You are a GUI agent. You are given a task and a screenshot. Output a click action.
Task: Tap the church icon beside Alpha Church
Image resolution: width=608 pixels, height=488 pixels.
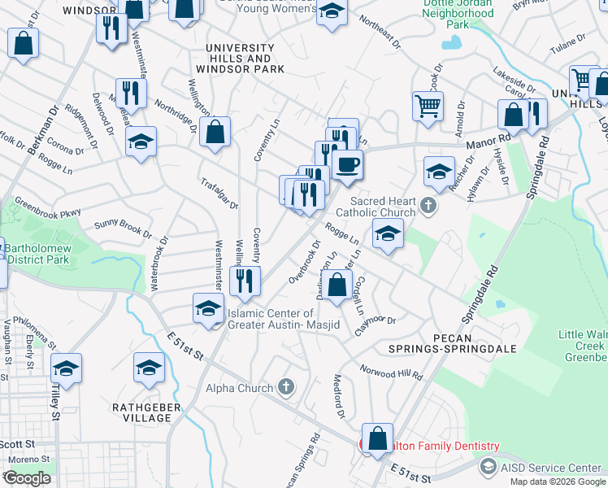point(285,387)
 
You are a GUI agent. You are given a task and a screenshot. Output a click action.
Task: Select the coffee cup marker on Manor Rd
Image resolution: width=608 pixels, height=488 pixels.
point(347,165)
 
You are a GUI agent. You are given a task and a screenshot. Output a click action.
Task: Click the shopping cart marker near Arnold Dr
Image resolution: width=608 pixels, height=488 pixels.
point(428,105)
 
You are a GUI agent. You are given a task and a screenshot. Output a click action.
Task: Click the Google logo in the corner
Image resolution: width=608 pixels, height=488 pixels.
point(27,477)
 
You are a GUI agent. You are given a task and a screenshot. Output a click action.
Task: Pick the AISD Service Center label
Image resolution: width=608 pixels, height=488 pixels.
point(549,467)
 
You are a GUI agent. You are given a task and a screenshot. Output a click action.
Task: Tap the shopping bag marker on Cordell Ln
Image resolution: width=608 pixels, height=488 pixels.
point(337,285)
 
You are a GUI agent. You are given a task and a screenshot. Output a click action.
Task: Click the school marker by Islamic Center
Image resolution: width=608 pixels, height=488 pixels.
point(208,310)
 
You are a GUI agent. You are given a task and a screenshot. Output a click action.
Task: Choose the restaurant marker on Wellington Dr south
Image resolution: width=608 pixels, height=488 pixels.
point(244,281)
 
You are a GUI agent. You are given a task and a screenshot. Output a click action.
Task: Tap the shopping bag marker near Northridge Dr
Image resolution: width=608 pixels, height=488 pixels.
point(215,133)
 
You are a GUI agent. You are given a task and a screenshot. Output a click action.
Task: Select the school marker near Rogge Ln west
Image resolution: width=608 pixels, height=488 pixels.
point(141,143)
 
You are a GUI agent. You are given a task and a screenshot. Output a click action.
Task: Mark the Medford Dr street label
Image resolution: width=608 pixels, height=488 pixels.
point(340,395)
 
